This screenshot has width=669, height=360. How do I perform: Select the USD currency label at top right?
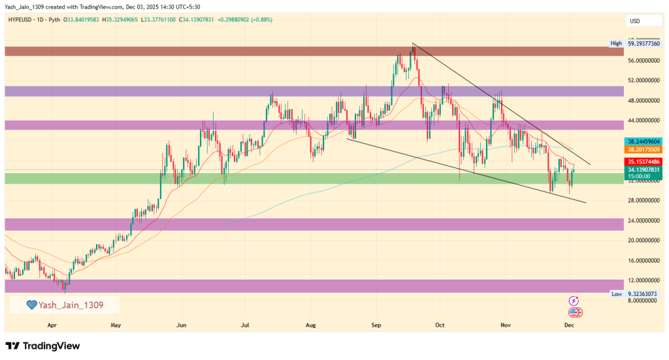(634, 21)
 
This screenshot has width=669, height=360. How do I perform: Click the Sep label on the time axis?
(376, 324)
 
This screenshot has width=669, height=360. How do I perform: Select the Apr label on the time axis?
(52, 324)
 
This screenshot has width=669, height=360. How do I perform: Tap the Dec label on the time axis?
(569, 324)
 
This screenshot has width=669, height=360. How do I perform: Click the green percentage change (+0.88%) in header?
(259, 20)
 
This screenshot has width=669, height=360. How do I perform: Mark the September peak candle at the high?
(413, 46)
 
